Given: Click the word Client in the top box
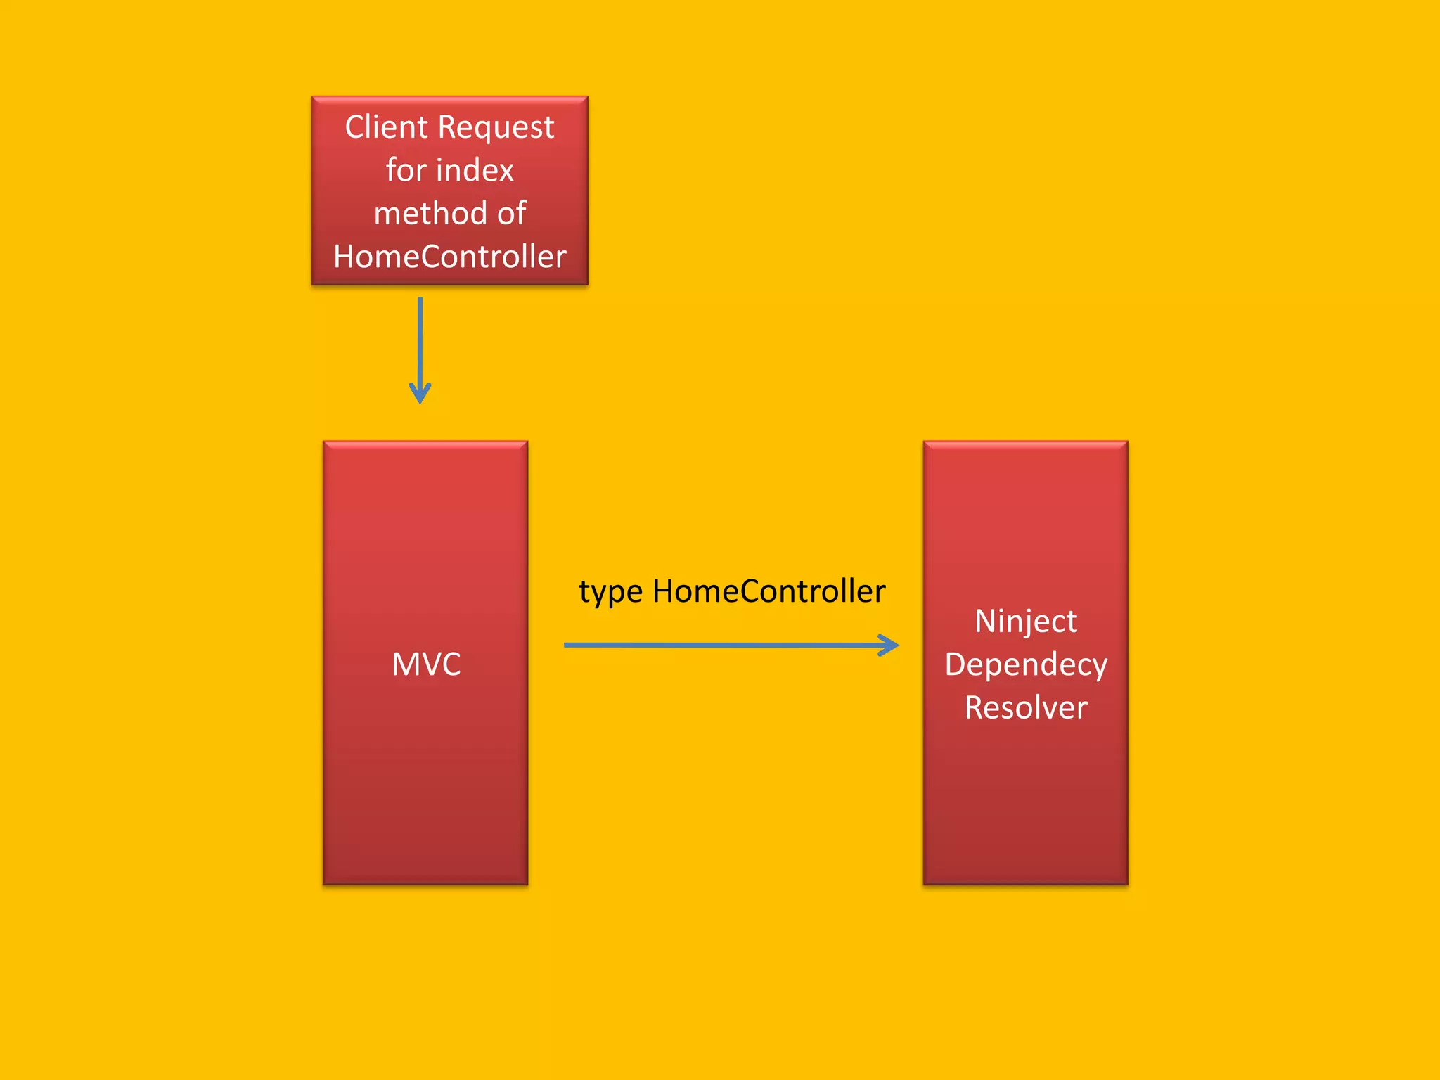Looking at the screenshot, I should coord(386,127).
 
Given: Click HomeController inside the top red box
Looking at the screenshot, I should coord(449,257).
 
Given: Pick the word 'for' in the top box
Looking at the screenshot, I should coord(406,171).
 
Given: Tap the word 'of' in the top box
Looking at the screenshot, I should coord(511,214).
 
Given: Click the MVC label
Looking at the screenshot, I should coord(426,664).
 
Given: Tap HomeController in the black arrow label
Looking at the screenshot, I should coord(769,591).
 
